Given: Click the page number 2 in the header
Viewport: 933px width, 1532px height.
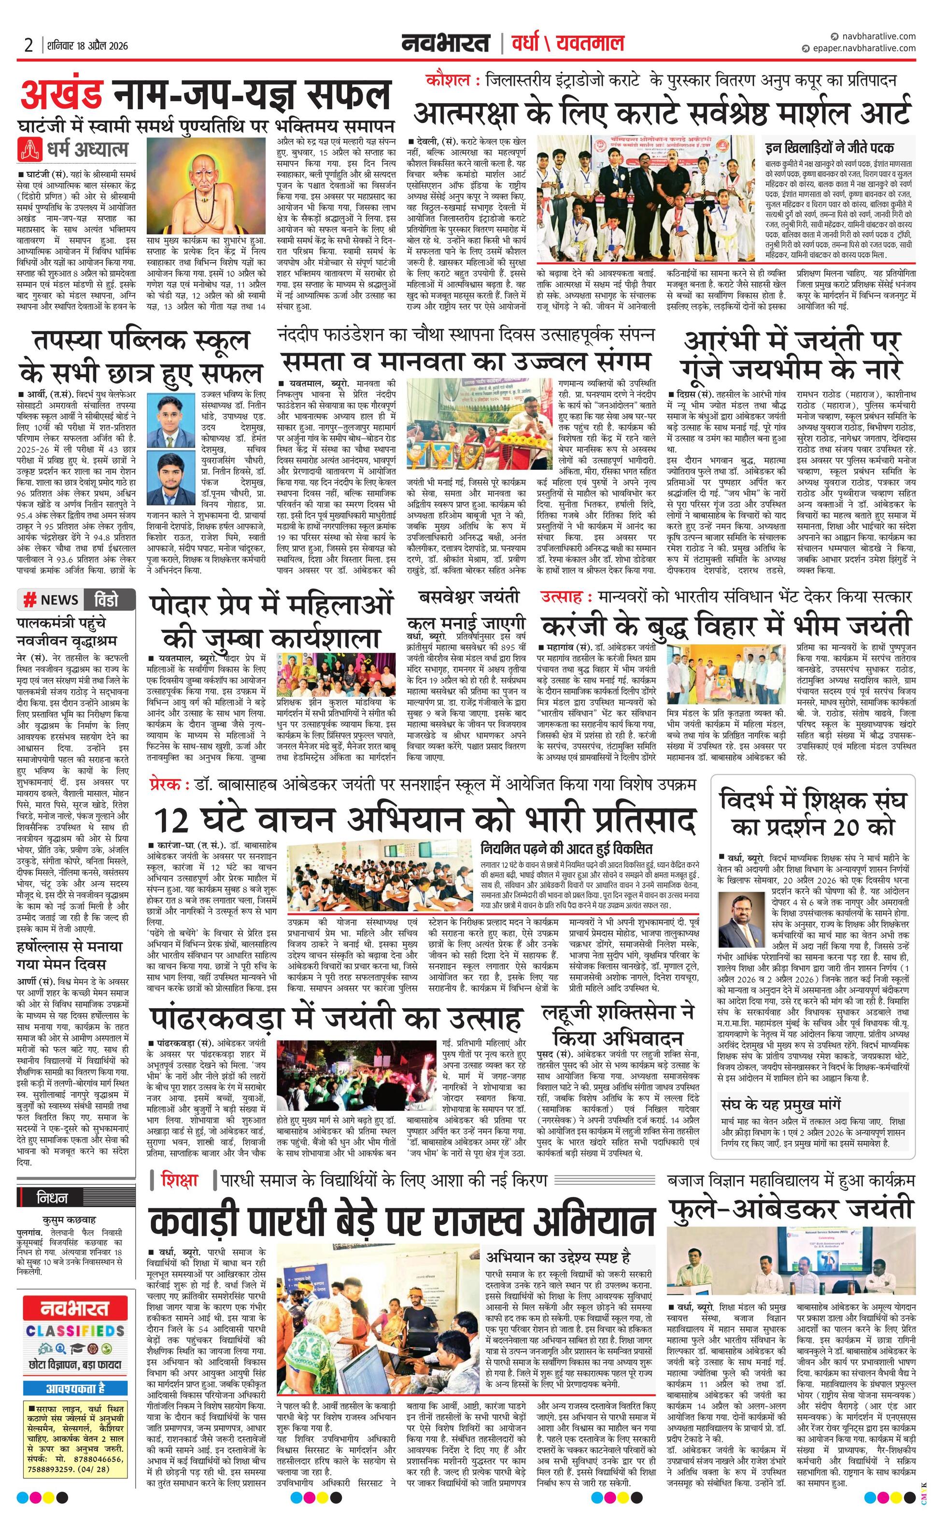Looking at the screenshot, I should tap(28, 45).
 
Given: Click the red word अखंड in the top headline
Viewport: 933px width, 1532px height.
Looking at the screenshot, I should tap(63, 95).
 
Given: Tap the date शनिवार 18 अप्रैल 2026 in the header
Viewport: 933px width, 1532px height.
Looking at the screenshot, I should tap(86, 45).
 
